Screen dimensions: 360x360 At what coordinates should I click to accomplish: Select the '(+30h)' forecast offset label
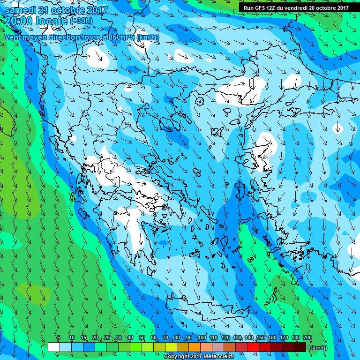(x=81, y=21)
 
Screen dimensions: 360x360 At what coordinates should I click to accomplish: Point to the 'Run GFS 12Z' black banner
(x=296, y=8)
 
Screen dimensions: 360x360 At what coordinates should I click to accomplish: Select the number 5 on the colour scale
(x=59, y=338)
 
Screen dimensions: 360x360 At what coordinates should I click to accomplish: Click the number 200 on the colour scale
(x=307, y=338)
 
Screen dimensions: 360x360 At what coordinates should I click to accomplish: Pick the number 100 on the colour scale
(x=202, y=338)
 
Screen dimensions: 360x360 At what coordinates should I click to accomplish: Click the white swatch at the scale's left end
(x=54, y=347)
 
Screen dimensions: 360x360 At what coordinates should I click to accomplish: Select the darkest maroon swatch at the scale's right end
(x=300, y=347)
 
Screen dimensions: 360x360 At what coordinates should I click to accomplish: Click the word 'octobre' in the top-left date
(x=66, y=10)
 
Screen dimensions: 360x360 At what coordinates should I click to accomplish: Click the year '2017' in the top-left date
(x=97, y=10)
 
